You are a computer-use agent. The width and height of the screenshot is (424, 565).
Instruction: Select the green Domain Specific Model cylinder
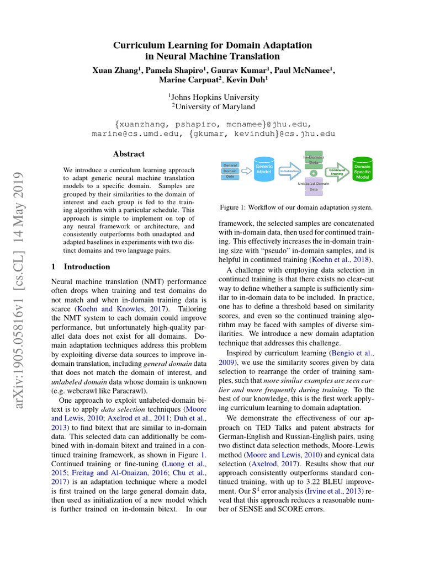[362, 170]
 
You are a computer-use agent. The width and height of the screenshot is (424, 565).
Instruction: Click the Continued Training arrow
[337, 171]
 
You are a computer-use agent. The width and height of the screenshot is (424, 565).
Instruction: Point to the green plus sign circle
[314, 173]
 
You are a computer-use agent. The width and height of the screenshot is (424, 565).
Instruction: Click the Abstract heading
[129, 154]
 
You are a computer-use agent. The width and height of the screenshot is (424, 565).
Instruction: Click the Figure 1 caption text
[295, 207]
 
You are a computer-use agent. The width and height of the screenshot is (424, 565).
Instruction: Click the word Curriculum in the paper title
[138, 45]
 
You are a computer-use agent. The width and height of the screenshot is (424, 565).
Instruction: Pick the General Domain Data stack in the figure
[230, 170]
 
